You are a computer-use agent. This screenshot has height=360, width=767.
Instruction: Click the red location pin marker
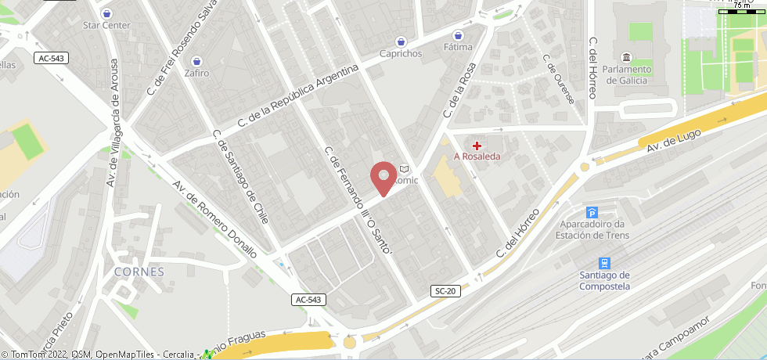(x=382, y=178)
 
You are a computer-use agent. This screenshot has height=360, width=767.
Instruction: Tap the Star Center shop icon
(x=106, y=13)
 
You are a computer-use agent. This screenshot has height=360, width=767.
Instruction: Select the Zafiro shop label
(x=196, y=73)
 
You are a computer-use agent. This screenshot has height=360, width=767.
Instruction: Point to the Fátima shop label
(x=459, y=47)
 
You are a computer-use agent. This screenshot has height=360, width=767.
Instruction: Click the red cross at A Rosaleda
(x=477, y=145)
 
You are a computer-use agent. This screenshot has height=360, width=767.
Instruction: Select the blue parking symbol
(x=592, y=213)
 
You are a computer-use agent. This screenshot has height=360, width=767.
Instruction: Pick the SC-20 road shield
(x=444, y=291)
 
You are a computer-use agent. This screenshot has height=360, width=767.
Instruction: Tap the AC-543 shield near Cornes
(x=309, y=300)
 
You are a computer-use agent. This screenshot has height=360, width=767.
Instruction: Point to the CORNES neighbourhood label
(x=139, y=272)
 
